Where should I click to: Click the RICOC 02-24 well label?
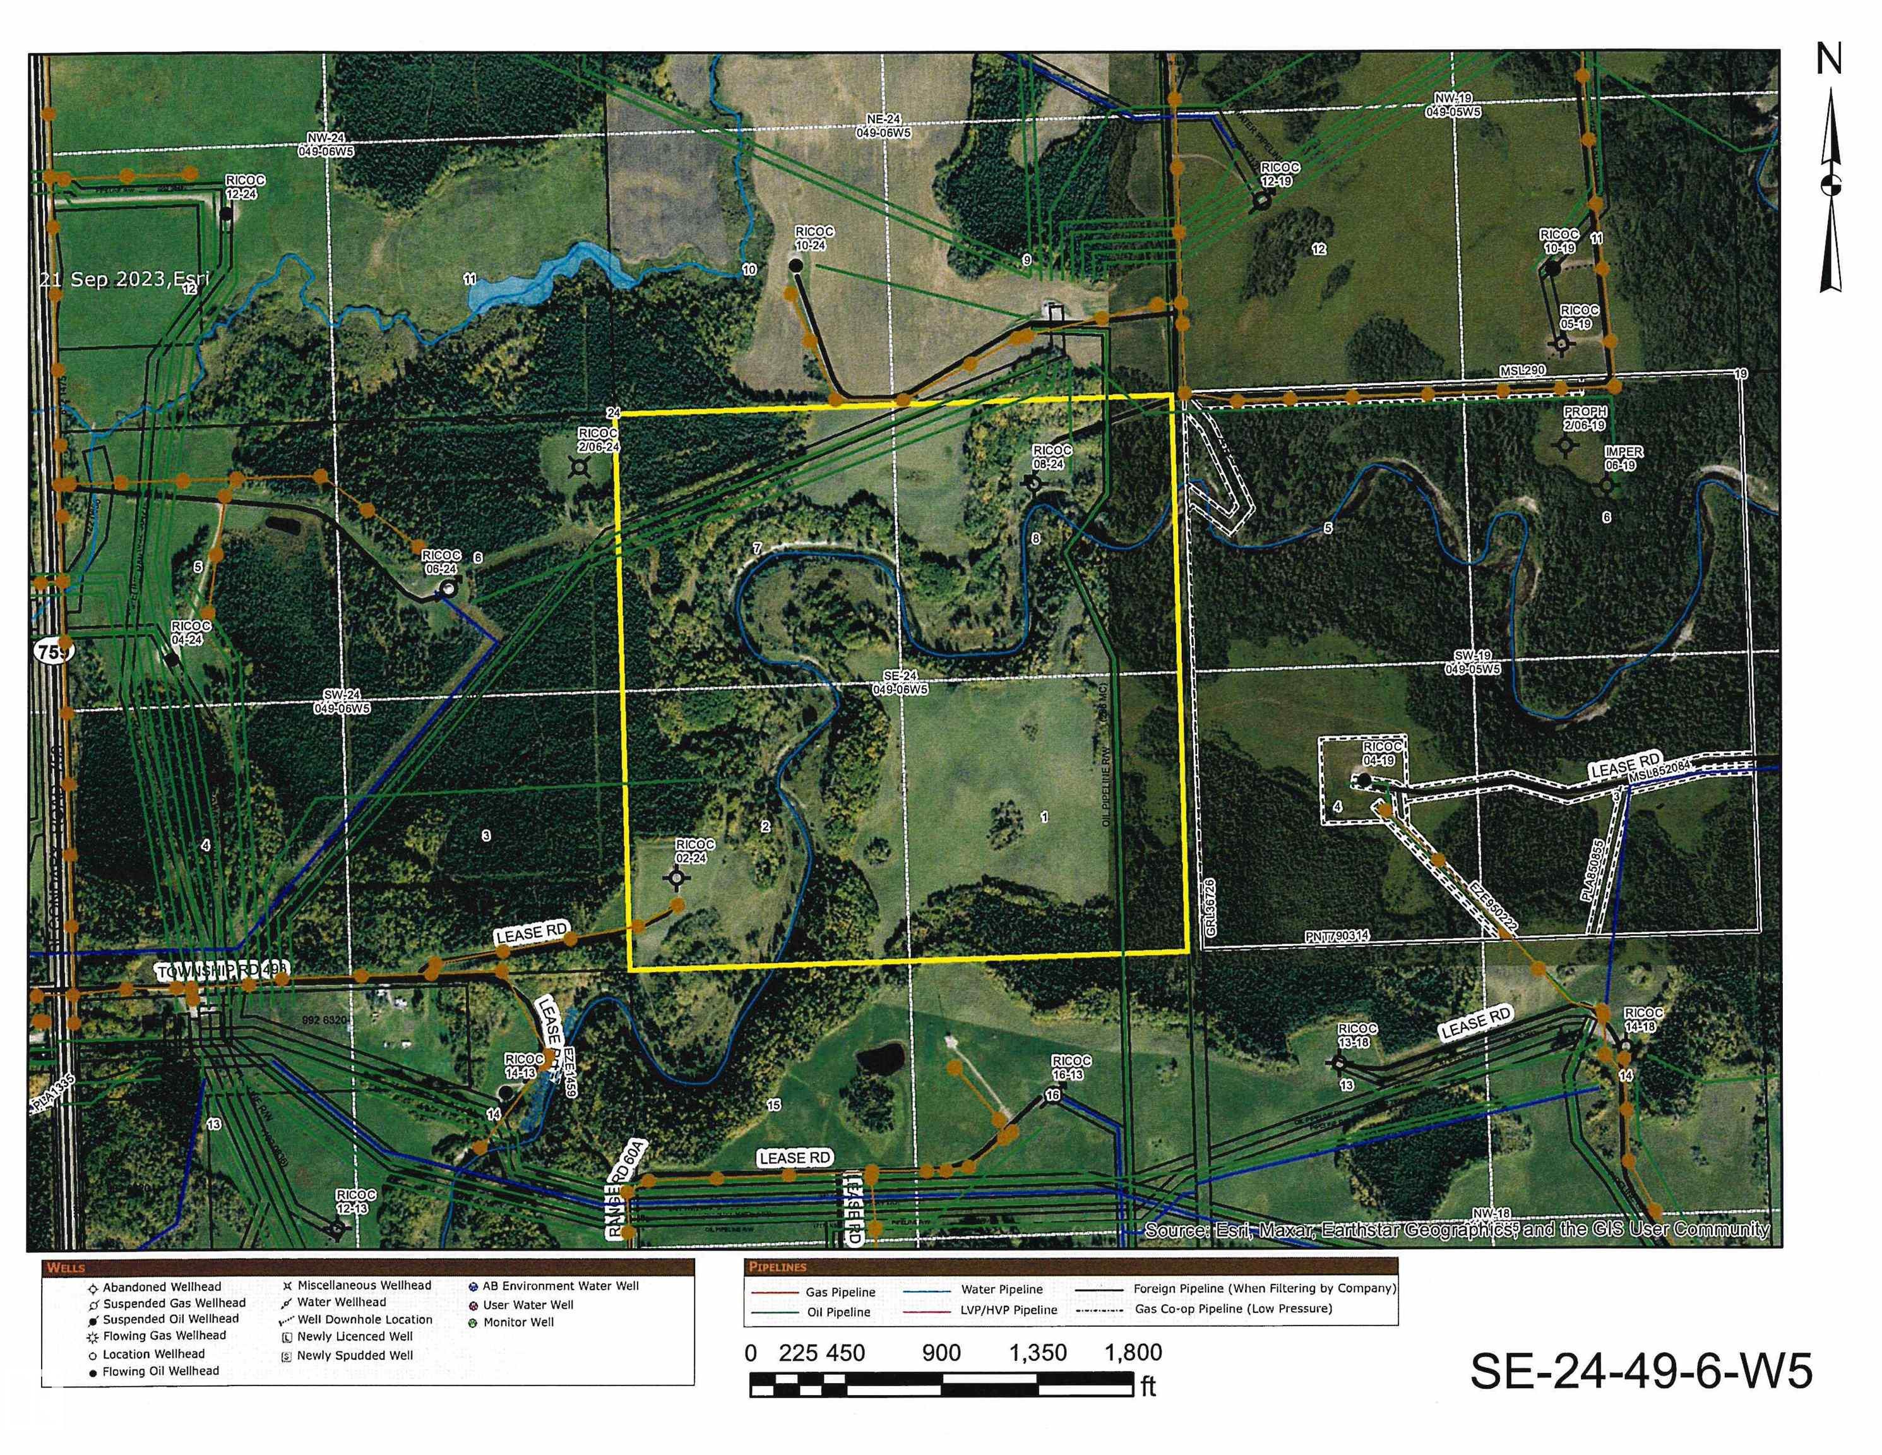coord(694,851)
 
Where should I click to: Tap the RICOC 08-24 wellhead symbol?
coord(1033,484)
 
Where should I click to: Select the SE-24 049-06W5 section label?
coord(900,683)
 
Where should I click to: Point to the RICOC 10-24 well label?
coord(813,239)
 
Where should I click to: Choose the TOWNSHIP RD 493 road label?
coord(222,971)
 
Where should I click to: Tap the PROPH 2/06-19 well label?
coord(1584,419)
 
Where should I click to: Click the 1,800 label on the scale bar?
coord(1133,1353)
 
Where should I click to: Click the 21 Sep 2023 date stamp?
coord(123,278)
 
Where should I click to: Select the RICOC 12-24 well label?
coord(245,187)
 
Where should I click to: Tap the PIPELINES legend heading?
coord(777,1267)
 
